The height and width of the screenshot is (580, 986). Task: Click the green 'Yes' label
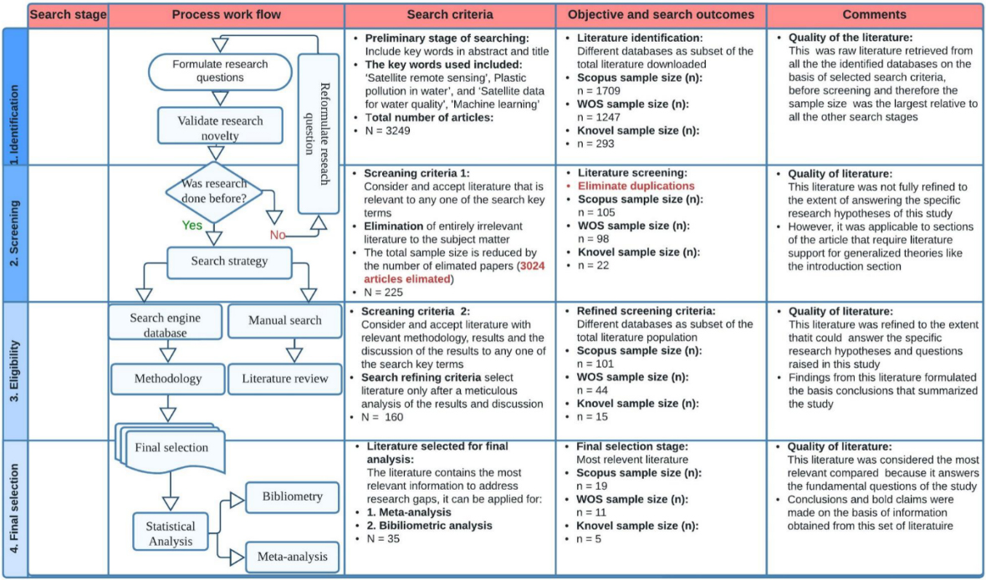point(192,225)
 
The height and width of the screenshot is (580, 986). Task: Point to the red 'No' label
point(278,234)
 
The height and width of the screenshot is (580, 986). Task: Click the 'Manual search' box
point(285,320)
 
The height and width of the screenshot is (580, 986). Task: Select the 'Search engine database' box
point(166,325)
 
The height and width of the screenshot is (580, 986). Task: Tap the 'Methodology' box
point(167,379)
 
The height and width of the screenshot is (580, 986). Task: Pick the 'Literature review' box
point(285,379)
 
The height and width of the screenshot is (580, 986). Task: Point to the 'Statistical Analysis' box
point(170,533)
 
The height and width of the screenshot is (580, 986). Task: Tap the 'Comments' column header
point(874,14)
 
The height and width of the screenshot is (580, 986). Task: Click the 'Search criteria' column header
point(450,14)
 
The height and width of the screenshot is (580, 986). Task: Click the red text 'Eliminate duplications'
point(636,186)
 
